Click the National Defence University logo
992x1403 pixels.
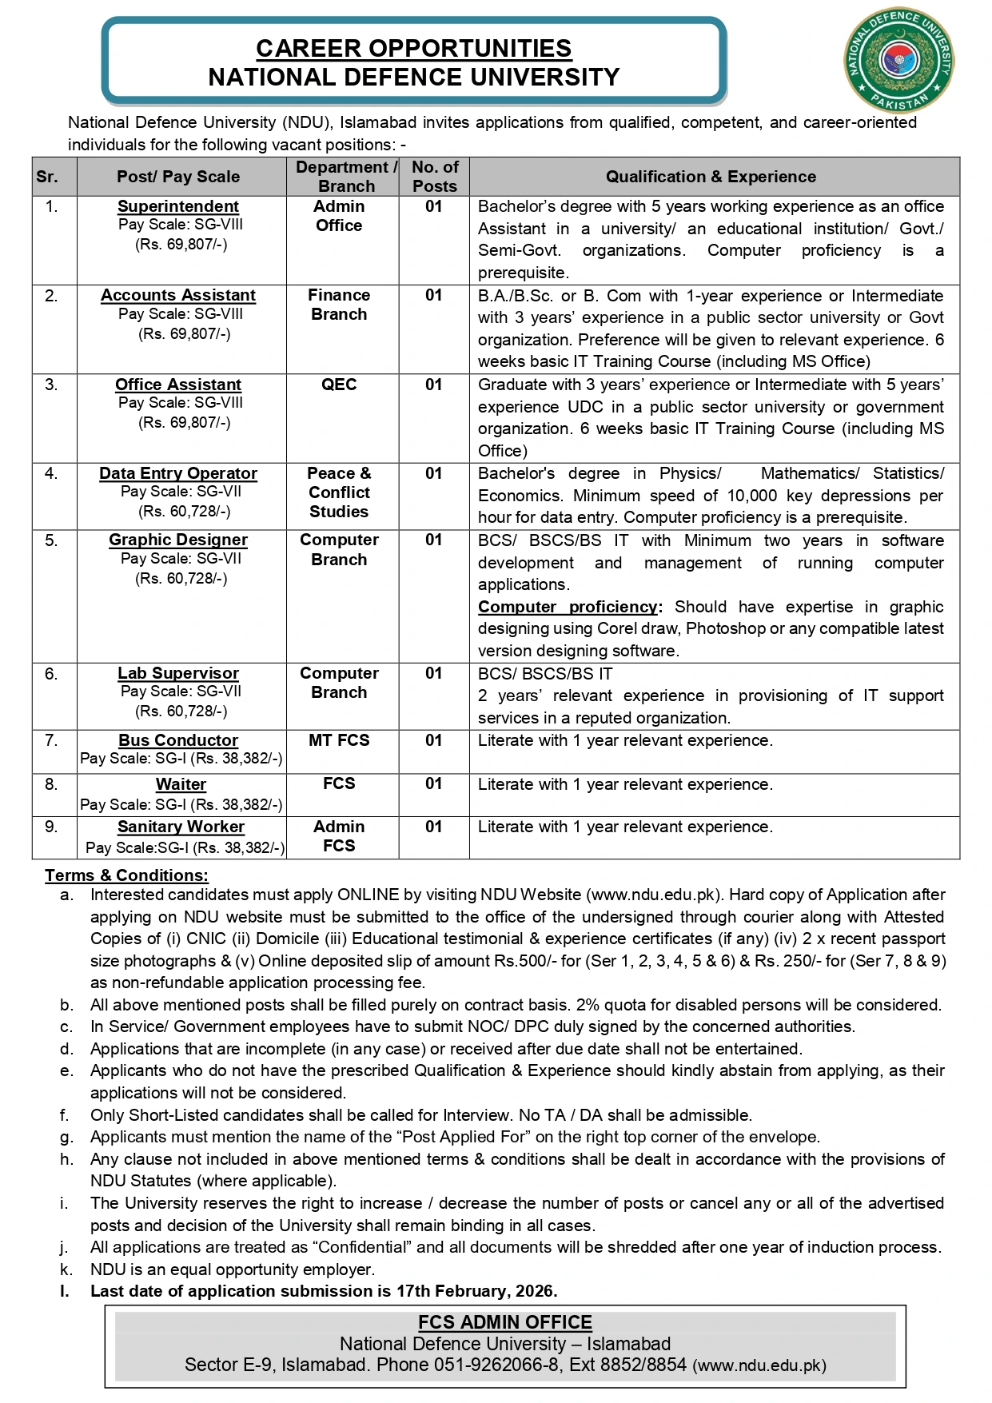899,62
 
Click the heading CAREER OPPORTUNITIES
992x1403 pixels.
413,48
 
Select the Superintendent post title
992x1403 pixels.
178,206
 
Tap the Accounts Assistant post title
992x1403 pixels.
178,295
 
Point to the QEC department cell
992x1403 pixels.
339,385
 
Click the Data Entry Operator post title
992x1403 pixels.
178,473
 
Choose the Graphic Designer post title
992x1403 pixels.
178,540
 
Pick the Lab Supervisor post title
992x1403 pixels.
178,673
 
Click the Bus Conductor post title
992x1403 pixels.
178,740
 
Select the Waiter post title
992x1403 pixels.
181,784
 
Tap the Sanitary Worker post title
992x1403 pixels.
181,827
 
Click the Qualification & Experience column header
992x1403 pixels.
711,177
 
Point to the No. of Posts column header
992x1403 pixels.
435,177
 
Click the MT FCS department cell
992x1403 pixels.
339,740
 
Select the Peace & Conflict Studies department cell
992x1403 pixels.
339,492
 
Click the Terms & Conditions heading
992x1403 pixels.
126,875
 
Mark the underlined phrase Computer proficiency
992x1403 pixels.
568,607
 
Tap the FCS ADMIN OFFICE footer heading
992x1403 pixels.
505,1322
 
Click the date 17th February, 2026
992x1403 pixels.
476,1290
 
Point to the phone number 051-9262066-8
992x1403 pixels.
496,1365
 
